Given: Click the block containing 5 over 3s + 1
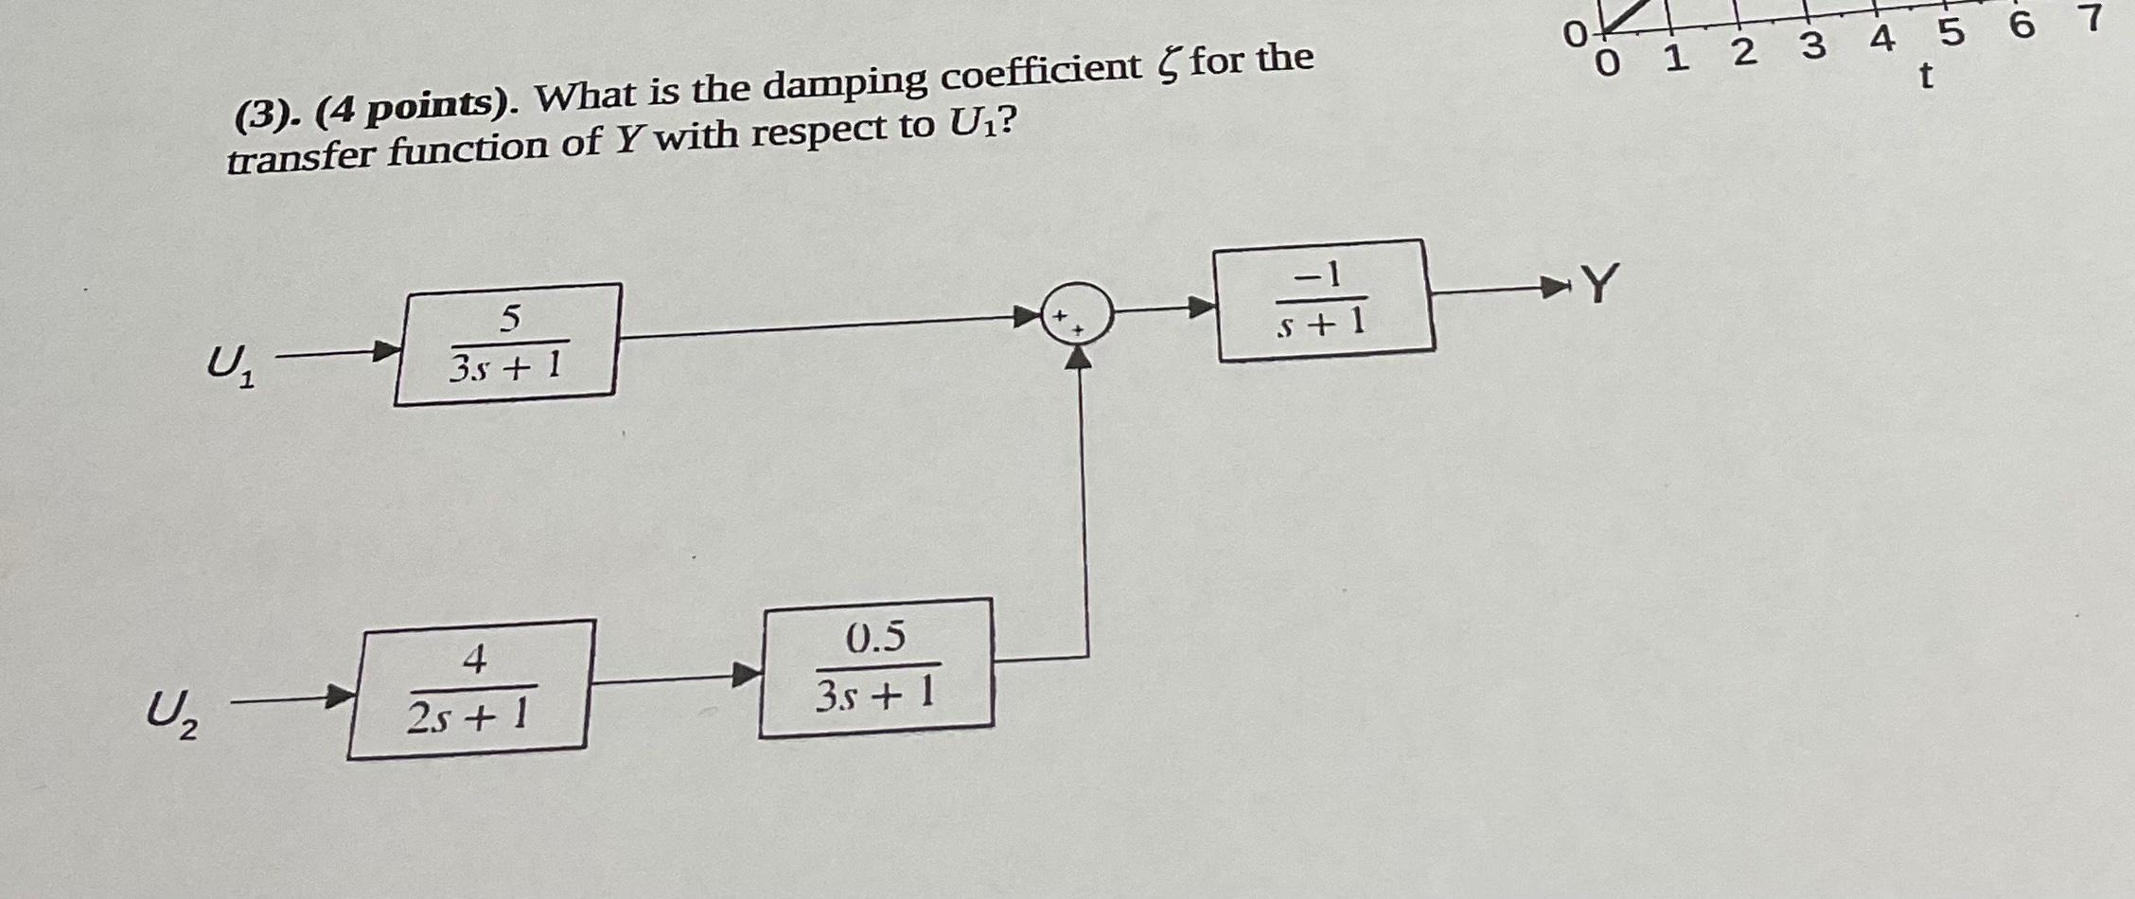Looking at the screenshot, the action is pos(507,344).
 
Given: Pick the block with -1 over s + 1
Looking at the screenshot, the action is pos(1324,300).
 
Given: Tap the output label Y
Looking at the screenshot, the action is pos(1598,283).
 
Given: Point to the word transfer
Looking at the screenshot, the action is pos(302,155).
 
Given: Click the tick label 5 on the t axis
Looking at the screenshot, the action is pos(1950,33).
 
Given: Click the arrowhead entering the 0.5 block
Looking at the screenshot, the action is pos(747,674).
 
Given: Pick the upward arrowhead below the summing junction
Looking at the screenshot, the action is pos(1078,357).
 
